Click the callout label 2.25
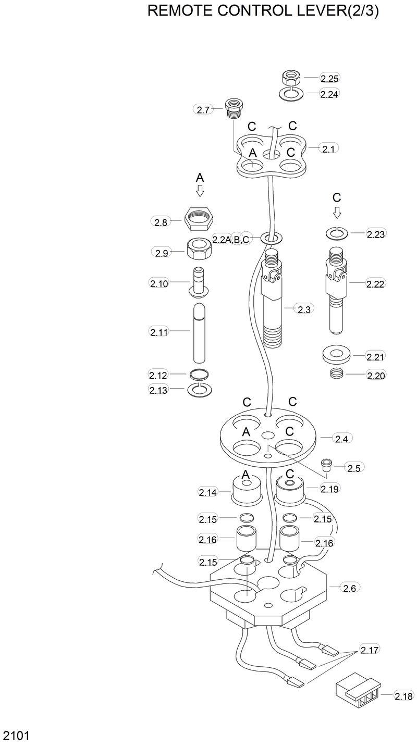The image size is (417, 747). tap(329, 79)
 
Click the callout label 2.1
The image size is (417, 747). tap(328, 149)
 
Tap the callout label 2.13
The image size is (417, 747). tap(158, 390)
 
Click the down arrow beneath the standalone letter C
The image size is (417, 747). tap(337, 211)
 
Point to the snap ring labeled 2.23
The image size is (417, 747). tap(337, 233)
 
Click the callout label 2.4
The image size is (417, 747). tap(341, 439)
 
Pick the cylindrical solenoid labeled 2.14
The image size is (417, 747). tap(246, 490)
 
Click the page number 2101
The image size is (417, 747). tap(16, 736)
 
